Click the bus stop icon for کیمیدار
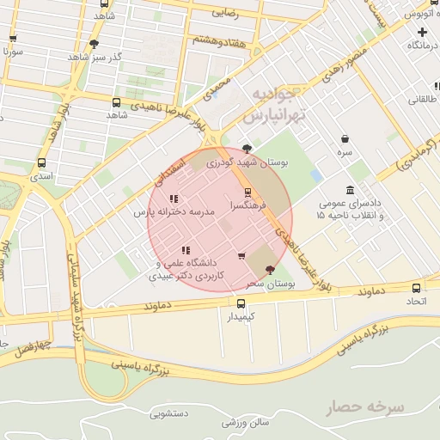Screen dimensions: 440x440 (241, 303)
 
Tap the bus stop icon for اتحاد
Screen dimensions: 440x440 (417, 289)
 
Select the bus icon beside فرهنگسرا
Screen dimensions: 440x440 (248, 192)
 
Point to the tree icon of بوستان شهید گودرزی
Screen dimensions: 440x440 (248, 148)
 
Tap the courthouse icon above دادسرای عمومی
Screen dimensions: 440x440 (350, 190)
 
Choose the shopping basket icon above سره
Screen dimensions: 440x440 (345, 138)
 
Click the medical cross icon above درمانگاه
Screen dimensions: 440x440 (422, 32)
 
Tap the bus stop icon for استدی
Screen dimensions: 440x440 (42, 162)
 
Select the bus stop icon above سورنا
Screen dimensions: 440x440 (13, 39)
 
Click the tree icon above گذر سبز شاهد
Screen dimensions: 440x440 (94, 43)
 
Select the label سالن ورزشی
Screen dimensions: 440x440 (245, 422)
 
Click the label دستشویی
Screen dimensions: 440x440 (168, 414)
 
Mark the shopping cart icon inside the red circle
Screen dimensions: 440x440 (241, 255)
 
